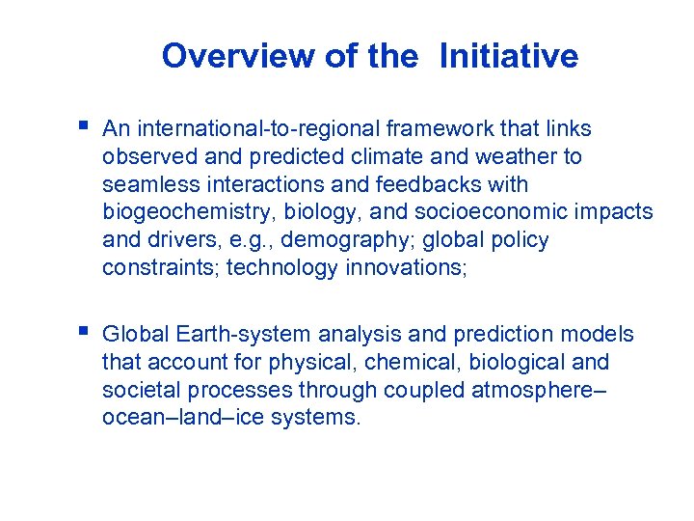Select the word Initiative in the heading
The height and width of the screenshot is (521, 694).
coord(508,56)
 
